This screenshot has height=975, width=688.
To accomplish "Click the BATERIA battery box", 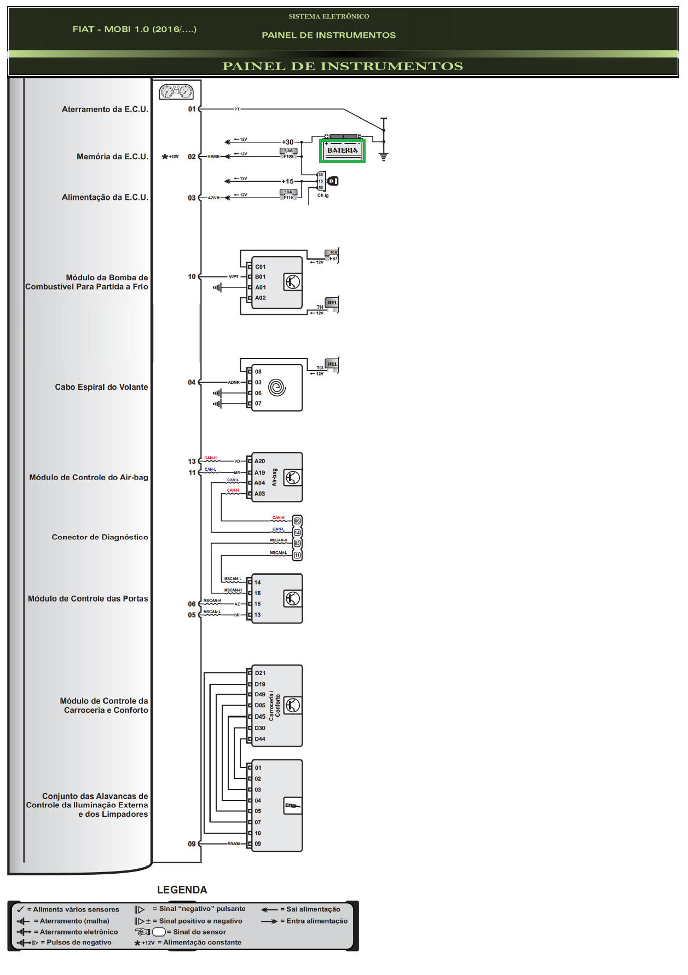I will [x=342, y=151].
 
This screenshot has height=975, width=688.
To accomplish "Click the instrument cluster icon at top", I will [x=176, y=91].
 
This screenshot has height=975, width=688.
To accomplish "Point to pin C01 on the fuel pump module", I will [x=260, y=267].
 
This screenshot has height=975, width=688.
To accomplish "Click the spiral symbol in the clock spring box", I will [x=277, y=388].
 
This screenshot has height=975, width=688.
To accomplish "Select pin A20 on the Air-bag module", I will [x=259, y=461].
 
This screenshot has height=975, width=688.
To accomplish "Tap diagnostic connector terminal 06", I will [x=297, y=521].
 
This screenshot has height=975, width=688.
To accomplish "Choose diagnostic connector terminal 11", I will [x=297, y=555].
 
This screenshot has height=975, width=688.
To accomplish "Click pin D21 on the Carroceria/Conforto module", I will [x=260, y=673].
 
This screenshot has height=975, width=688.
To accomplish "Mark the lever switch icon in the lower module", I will [x=292, y=805].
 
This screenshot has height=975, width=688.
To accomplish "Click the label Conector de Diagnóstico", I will [x=100, y=537].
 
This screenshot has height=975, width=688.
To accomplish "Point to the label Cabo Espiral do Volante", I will [x=101, y=387].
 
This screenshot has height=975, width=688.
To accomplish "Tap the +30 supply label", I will [x=287, y=142].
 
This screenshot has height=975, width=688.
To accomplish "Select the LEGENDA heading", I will [x=182, y=890].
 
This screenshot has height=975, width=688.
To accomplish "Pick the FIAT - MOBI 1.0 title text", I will [x=134, y=29].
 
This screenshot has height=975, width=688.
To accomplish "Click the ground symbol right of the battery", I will [x=384, y=157].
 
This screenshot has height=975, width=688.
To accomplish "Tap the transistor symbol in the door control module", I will [x=292, y=598].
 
